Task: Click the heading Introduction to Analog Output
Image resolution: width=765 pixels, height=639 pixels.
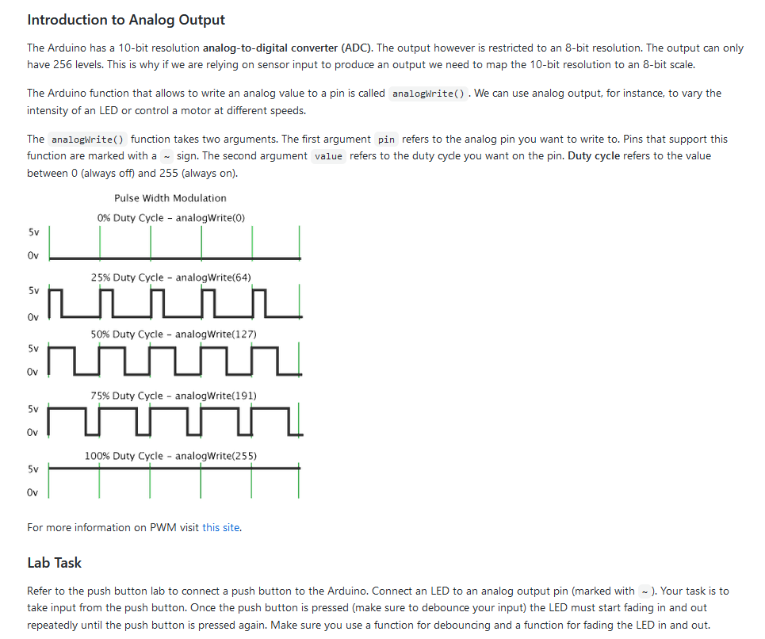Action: click(x=126, y=20)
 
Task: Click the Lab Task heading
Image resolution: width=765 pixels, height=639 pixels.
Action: click(x=54, y=563)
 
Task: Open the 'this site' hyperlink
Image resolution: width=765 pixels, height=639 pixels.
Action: click(x=220, y=527)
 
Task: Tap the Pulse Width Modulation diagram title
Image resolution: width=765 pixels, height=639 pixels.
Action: click(x=170, y=198)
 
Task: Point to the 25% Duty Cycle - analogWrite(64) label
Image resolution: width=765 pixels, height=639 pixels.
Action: click(x=171, y=277)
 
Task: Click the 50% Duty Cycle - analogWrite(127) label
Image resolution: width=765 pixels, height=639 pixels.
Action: click(x=174, y=334)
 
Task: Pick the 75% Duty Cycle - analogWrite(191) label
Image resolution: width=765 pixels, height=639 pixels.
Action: click(x=174, y=396)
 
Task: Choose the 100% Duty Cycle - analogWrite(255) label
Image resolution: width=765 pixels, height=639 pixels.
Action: click(x=170, y=456)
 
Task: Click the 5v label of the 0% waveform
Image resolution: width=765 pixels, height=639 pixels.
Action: click(x=33, y=232)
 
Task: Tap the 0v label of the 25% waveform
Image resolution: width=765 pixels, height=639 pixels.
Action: click(x=33, y=317)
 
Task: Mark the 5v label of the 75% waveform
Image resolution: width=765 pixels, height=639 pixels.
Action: click(x=33, y=409)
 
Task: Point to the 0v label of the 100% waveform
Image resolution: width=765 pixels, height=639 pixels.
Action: click(x=33, y=492)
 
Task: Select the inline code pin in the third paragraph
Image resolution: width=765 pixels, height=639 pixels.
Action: click(x=386, y=140)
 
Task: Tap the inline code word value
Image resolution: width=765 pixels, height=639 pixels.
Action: click(x=328, y=156)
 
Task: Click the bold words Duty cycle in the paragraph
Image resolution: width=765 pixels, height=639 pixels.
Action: click(x=594, y=155)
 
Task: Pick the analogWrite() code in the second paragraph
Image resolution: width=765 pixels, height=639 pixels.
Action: click(x=429, y=94)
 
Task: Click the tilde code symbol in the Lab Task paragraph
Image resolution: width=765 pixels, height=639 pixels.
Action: click(x=646, y=591)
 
